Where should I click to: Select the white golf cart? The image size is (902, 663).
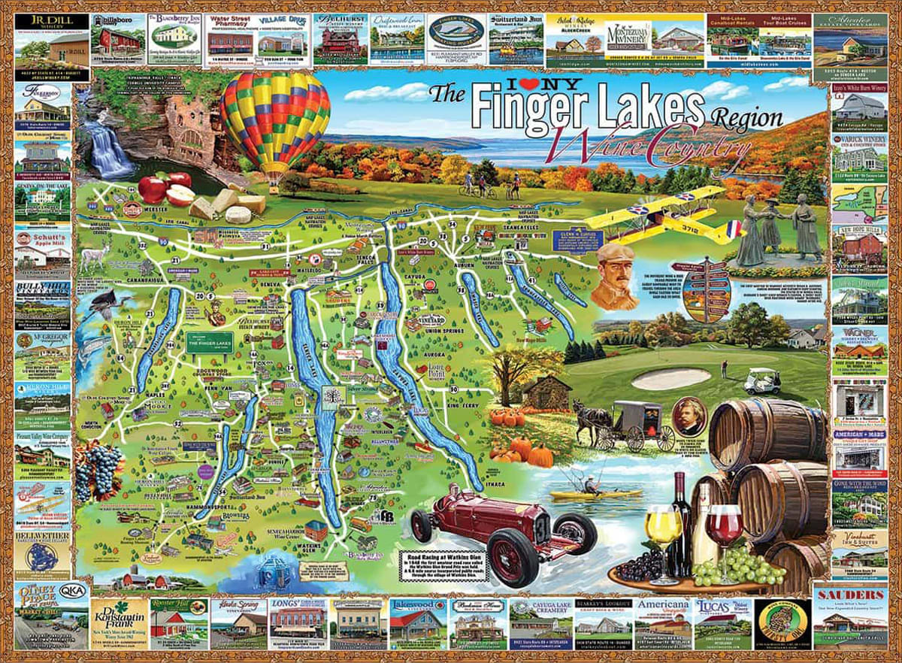click(x=761, y=382)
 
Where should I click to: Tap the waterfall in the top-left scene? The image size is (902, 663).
click(x=109, y=150)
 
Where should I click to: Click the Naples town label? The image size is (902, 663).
click(x=157, y=392)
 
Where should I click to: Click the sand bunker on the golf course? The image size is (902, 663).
click(x=670, y=378)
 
